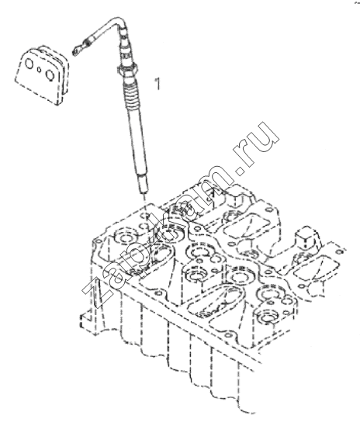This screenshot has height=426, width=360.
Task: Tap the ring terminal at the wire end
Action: click(75, 50)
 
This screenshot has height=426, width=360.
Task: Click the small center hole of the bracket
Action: click(40, 70)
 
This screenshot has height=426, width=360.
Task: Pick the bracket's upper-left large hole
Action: click(29, 64)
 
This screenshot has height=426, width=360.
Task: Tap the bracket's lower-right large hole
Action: click(50, 74)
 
